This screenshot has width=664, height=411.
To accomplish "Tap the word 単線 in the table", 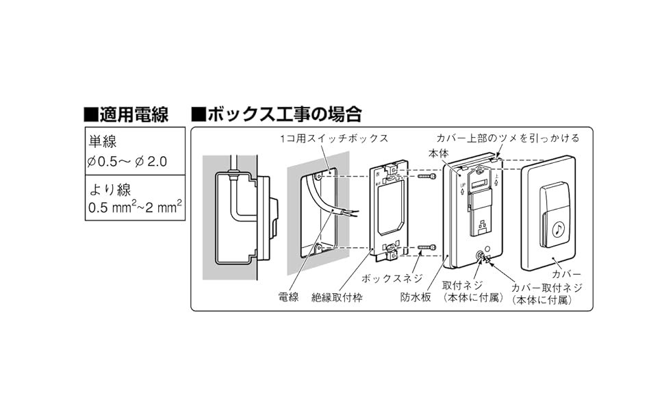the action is click(103, 142).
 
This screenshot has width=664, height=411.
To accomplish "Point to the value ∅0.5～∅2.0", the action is click(127, 162).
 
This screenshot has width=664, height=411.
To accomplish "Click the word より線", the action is click(107, 188).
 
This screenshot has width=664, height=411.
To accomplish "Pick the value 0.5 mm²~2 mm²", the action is click(136, 206).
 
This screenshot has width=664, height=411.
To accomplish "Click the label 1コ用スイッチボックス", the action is click(334, 138).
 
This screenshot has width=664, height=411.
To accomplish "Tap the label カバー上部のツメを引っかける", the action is click(507, 138).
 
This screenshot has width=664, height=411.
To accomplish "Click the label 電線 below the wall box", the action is click(288, 297).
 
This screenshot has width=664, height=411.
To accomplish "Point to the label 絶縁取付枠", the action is click(337, 297).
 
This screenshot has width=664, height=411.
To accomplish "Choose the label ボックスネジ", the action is click(385, 279).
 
